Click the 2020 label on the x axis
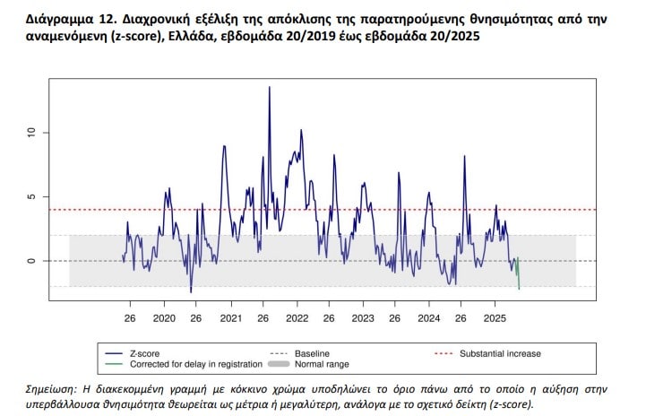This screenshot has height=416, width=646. tap(165, 318)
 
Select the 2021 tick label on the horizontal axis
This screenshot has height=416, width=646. tap(230, 318)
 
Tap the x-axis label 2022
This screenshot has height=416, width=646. tap(297, 318)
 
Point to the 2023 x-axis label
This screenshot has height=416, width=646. tap(363, 318)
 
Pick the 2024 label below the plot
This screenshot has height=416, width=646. tap(428, 318)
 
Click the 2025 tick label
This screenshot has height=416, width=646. tap(495, 318)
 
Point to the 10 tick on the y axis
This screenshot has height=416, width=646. tap(30, 133)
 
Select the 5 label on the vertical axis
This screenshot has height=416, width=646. tap(30, 196)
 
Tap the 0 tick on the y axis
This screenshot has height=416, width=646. tap(30, 261)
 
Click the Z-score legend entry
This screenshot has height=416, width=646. tap(149, 353)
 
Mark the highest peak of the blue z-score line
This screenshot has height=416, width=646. tap(269, 88)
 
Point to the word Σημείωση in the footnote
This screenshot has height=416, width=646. tap(56, 389)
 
